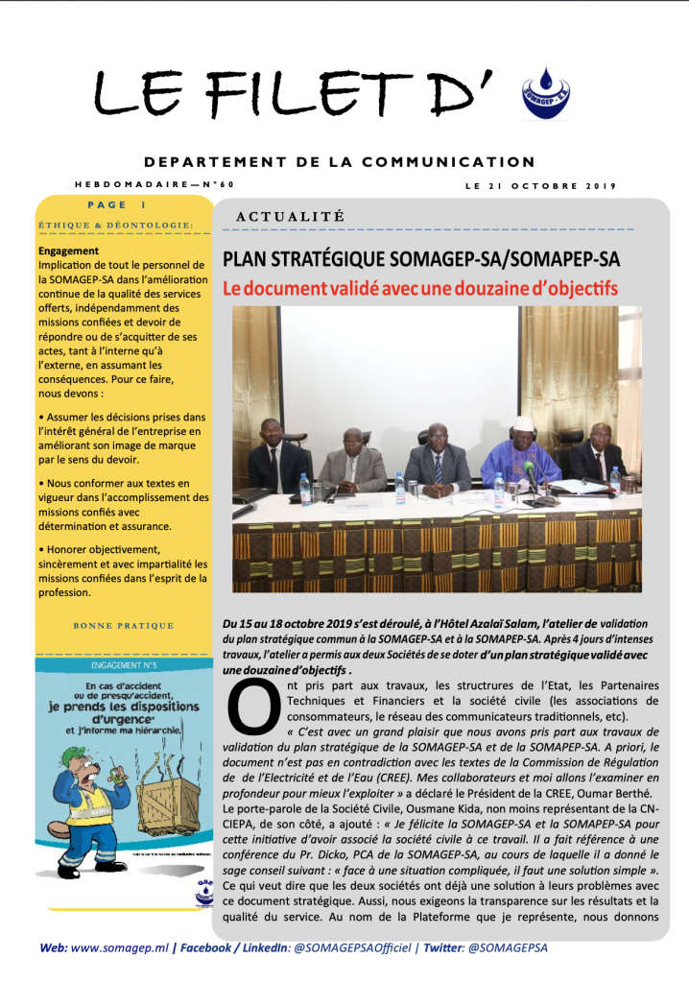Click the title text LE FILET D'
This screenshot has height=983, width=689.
point(297,93)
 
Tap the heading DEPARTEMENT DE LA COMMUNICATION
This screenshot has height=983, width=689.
point(340,162)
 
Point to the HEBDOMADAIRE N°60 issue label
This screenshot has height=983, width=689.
point(154,184)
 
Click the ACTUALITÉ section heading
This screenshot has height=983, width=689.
point(289,218)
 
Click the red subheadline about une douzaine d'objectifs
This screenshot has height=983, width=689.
point(420,288)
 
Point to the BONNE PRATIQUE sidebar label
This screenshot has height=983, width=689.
point(124,626)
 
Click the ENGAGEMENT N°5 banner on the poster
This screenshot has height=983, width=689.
point(124,663)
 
